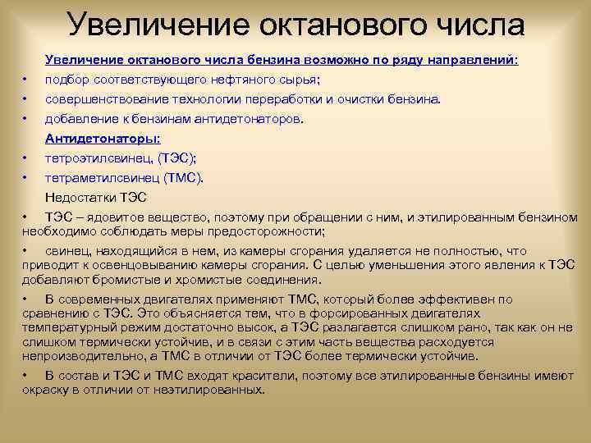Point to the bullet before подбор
26,80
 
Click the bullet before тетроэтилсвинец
26,158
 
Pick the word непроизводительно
78,355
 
